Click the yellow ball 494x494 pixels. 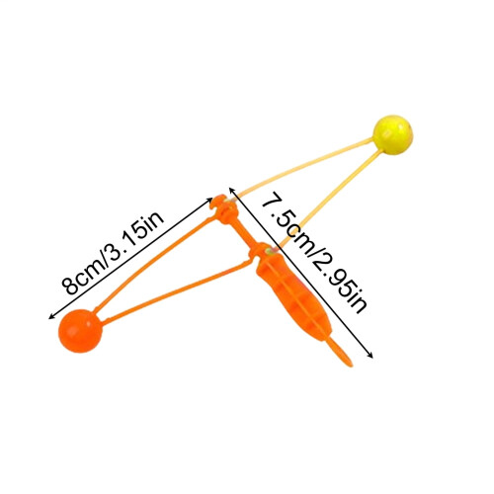392,134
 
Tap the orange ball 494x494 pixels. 80,331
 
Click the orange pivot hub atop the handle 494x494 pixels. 224,208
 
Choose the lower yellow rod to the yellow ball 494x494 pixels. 330,200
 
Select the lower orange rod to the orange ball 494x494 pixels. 177,288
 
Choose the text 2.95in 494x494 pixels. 338,285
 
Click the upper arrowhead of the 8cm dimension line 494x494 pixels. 209,200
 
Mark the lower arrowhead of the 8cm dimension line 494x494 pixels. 51,317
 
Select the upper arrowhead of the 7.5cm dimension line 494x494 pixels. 231,190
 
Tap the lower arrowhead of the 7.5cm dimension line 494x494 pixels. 370,355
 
